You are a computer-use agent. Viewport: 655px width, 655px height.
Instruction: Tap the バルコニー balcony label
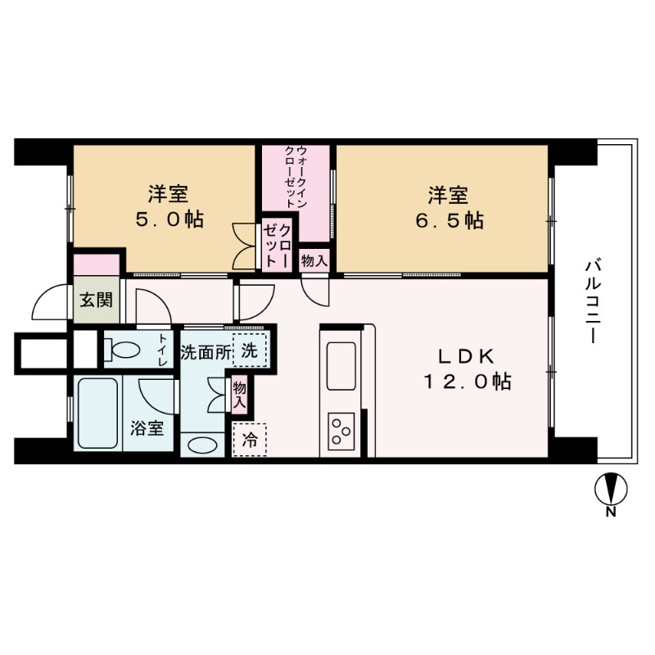click(593, 302)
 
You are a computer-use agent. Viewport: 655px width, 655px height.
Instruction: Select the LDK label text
click(467, 356)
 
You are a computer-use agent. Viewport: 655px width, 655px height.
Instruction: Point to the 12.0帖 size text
click(467, 382)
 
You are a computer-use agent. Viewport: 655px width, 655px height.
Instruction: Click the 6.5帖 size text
click(447, 220)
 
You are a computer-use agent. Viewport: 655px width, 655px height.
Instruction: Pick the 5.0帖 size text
click(169, 220)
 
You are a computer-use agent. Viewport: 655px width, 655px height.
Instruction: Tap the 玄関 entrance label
click(97, 300)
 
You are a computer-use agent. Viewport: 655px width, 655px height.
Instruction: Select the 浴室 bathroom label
click(147, 427)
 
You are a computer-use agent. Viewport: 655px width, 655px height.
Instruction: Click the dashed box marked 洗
click(250, 350)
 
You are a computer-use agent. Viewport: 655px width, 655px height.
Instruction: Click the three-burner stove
click(341, 431)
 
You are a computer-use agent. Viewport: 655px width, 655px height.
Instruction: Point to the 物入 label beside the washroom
click(239, 395)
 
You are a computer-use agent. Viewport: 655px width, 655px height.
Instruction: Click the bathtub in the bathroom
click(98, 414)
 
